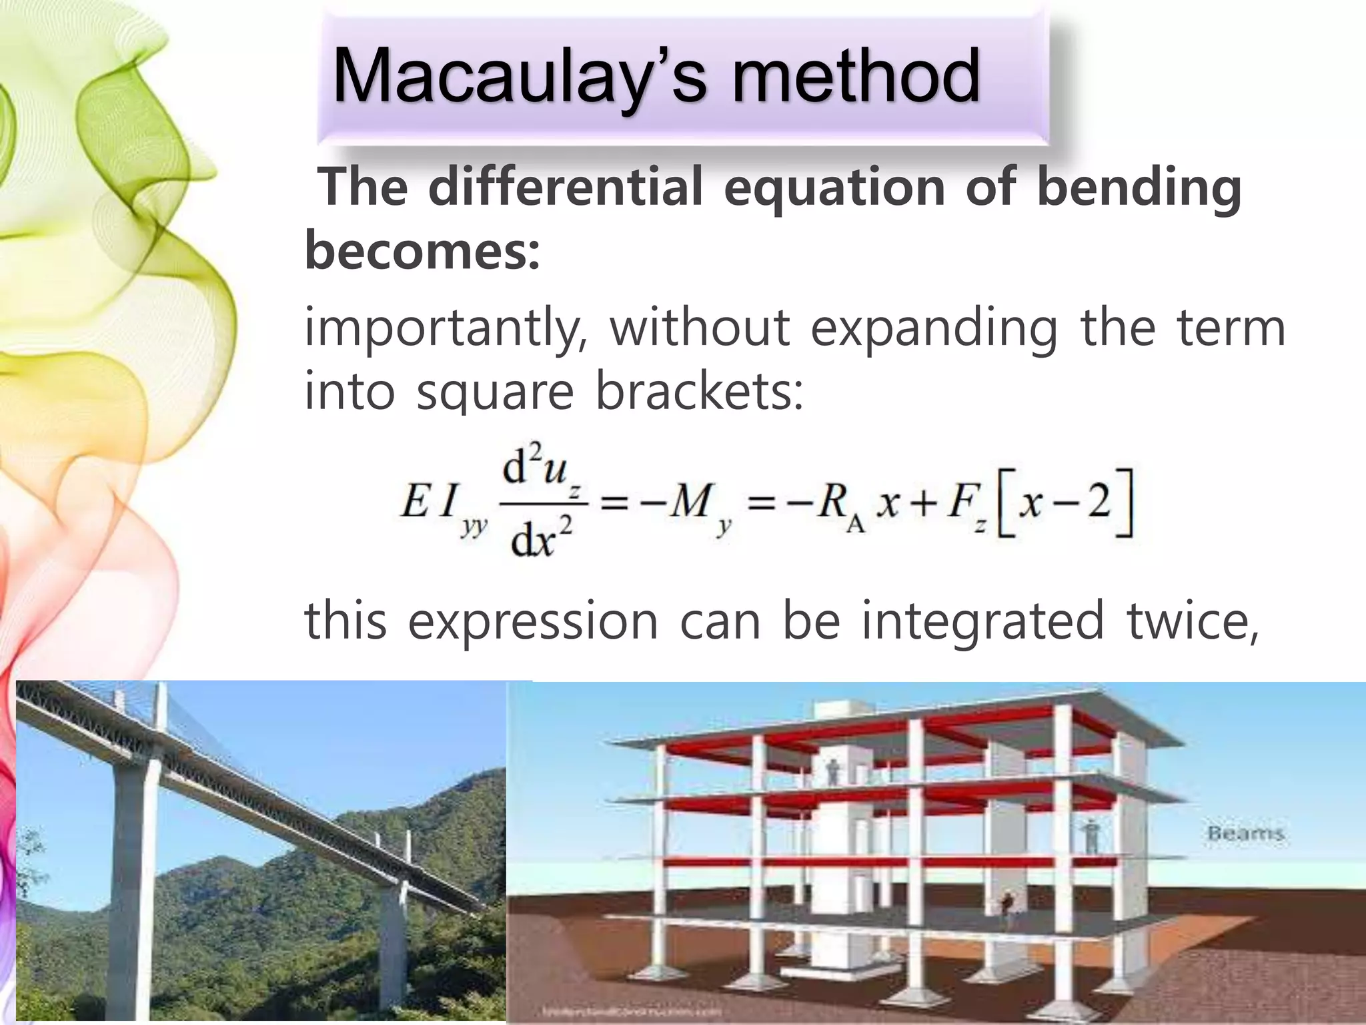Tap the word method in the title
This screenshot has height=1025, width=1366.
pos(856,77)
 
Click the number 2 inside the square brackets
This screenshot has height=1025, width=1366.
pos(1098,502)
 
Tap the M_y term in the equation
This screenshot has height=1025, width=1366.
pos(694,504)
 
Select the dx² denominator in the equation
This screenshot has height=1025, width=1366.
pos(541,539)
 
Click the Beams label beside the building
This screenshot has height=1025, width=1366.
pos(1245,833)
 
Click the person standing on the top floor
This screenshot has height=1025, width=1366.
pos(832,773)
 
